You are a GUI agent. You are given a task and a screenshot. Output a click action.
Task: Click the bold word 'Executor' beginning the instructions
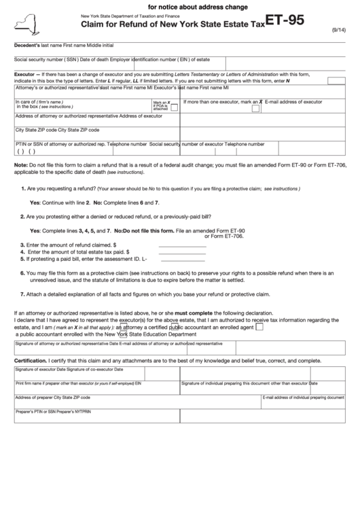tap(24, 73)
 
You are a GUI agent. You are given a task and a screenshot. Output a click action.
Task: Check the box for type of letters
tap(336, 80)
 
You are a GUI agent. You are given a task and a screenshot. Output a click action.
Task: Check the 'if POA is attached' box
tap(175, 106)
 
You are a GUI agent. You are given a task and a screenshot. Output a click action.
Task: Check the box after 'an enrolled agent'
tap(259, 326)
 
